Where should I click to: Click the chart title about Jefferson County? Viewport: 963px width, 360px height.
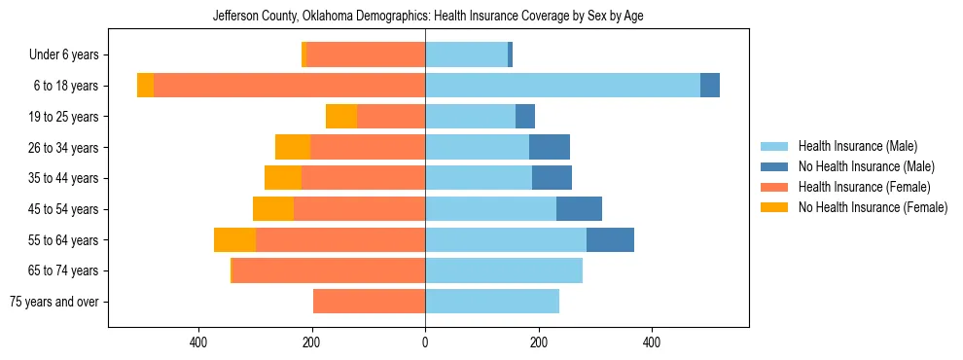428,17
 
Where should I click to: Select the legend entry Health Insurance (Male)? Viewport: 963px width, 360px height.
857,146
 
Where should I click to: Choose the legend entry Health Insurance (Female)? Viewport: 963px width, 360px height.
864,187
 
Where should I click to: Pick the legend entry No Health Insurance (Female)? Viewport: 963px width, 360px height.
873,207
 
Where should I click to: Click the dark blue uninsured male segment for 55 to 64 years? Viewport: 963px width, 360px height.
610,240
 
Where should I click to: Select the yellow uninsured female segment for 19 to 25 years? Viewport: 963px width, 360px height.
341,117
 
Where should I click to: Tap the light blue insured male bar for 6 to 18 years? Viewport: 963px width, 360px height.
562,86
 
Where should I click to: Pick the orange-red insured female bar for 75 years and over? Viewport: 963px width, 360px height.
369,302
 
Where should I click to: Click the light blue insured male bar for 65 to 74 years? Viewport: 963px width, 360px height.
504,270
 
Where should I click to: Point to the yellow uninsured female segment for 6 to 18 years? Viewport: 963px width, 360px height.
145,86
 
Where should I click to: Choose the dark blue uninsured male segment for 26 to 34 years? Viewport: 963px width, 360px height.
550,148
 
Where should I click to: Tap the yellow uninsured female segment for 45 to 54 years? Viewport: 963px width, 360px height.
273,209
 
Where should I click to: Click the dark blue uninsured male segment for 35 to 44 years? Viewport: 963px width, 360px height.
552,178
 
